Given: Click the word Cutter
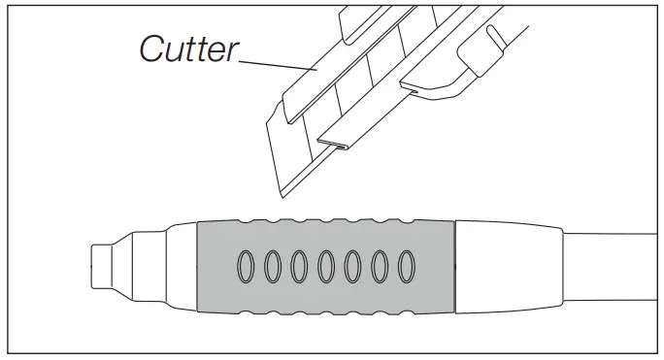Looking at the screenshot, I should click(x=187, y=48).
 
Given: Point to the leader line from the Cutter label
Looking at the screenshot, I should click(x=278, y=65).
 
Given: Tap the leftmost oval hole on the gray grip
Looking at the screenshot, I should click(x=246, y=265).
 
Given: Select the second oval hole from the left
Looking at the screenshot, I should click(x=273, y=265).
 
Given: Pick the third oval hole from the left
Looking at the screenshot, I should click(x=300, y=265).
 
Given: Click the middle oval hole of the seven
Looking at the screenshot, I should click(x=327, y=265).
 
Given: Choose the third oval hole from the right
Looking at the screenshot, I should click(x=354, y=265).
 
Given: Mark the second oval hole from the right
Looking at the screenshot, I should click(x=382, y=265).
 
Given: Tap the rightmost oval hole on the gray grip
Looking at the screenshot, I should click(x=408, y=265).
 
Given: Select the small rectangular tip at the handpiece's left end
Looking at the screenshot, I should click(x=101, y=265).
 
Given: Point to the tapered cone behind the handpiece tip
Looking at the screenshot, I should click(x=132, y=264).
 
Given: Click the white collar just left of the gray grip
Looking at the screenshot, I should click(x=180, y=264).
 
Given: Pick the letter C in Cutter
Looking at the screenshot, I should click(x=153, y=48).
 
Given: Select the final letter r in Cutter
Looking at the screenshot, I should click(x=233, y=49).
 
